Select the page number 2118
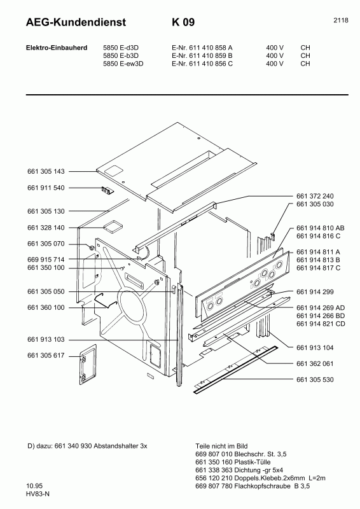(x=340, y=20)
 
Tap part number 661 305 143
(x=46, y=172)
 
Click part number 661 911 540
(x=46, y=188)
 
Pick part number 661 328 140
(x=46, y=227)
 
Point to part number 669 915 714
(x=46, y=260)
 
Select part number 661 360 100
(x=46, y=307)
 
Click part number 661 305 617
(x=46, y=357)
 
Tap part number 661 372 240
(x=315, y=196)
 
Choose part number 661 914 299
(x=315, y=292)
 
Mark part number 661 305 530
(x=315, y=379)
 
